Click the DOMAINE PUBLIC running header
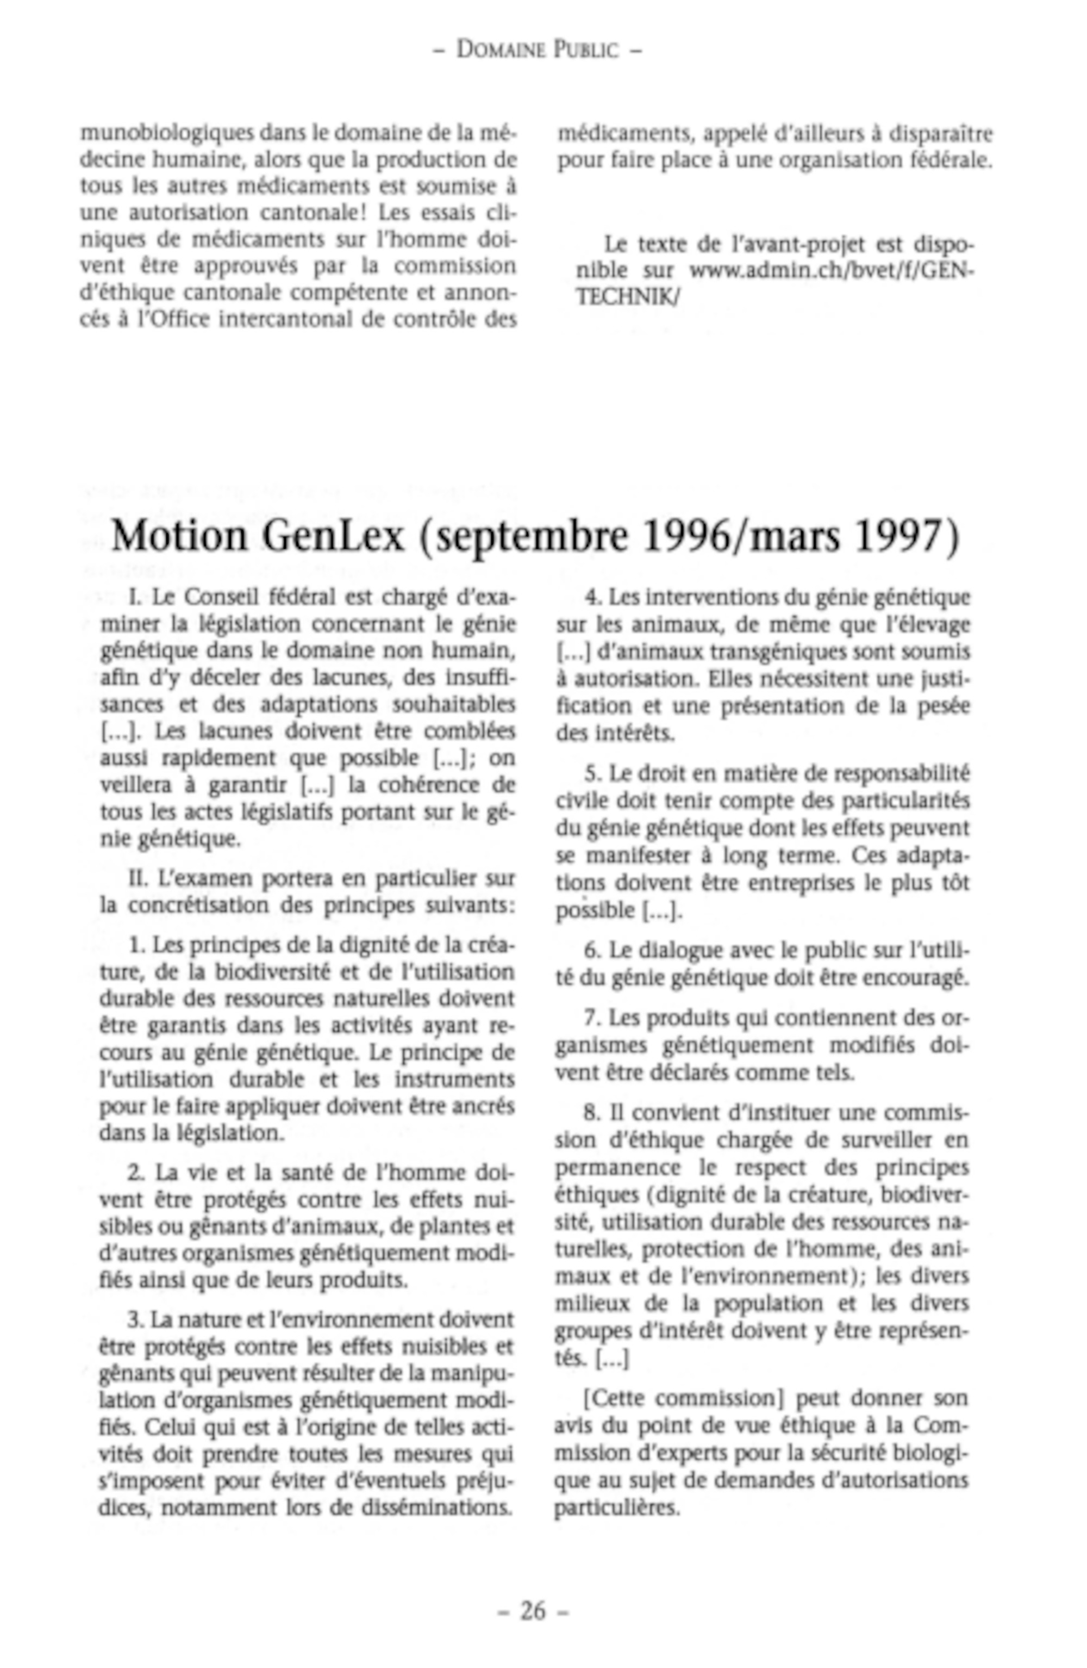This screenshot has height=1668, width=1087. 538,49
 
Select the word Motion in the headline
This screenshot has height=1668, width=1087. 179,536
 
